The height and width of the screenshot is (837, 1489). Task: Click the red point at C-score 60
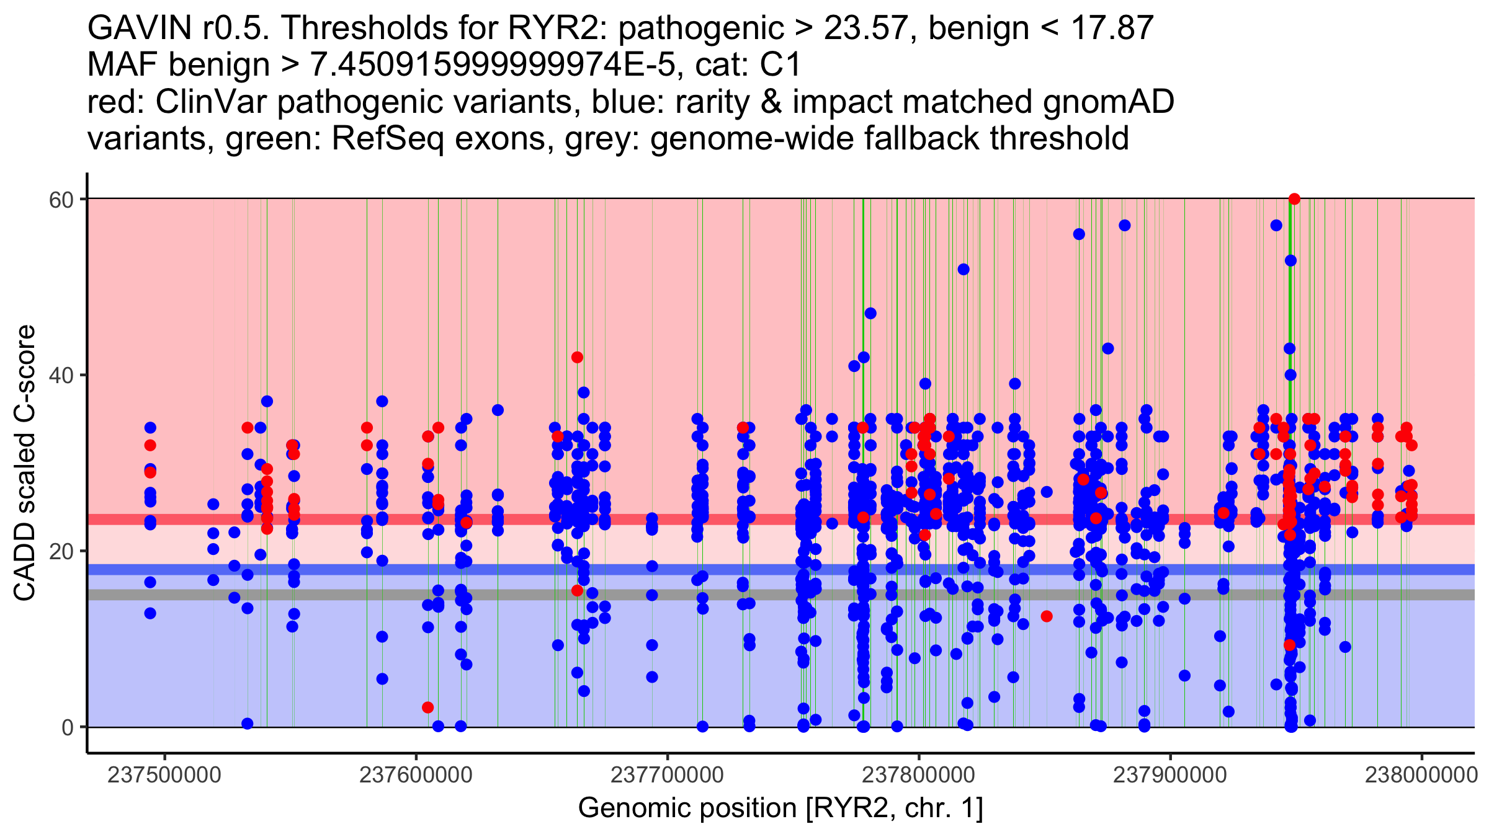tap(1294, 199)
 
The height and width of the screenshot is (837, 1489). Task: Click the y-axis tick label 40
tap(61, 375)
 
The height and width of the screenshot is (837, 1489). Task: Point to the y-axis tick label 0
tap(68, 727)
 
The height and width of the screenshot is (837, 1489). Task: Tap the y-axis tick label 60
tap(61, 199)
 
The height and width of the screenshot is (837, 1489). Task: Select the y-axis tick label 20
tap(61, 551)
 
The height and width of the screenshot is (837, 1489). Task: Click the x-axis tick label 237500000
tap(164, 775)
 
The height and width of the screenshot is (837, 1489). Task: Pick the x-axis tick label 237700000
tap(668, 775)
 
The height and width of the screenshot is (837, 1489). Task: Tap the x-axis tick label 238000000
tap(1421, 775)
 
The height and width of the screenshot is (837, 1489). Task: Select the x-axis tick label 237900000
tap(1170, 775)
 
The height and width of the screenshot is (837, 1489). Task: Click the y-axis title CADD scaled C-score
tap(25, 463)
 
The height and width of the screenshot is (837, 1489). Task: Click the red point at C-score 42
tap(577, 357)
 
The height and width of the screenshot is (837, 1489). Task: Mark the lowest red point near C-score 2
tap(427, 707)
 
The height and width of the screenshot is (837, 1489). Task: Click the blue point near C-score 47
tap(870, 313)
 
